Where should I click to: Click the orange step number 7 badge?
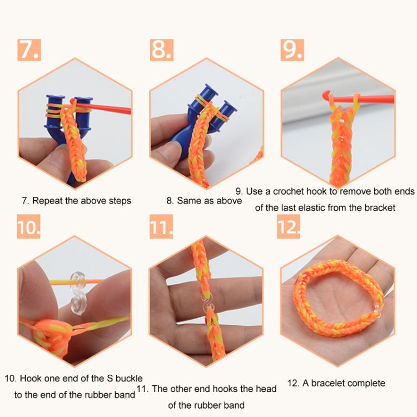[28, 49]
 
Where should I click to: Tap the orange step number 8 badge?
[161, 49]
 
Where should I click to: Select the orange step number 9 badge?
[292, 49]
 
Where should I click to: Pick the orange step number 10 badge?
[28, 227]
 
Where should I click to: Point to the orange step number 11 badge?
[161, 227]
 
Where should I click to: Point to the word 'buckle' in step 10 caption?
[129, 378]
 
